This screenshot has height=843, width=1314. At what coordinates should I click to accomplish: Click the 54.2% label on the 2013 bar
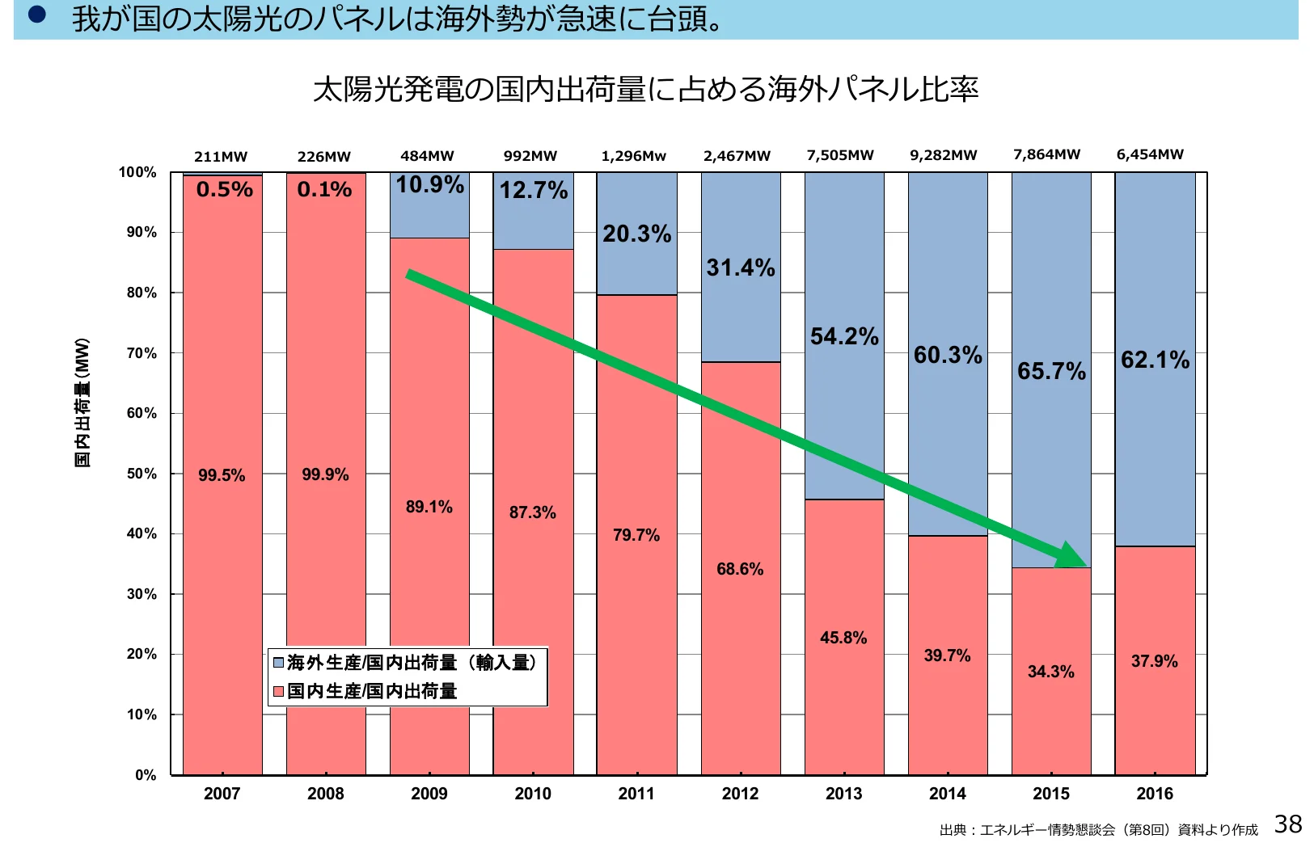pos(844,336)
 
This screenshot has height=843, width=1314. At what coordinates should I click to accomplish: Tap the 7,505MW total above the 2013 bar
pos(840,155)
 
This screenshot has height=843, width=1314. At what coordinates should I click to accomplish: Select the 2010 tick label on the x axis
pos(533,794)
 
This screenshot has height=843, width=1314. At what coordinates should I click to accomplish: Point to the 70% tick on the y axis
pos(142,353)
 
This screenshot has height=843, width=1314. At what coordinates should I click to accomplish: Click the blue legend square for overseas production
pos(278,663)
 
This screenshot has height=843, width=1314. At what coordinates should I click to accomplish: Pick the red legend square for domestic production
pos(278,691)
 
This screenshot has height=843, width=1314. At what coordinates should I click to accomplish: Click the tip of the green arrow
pos(1085,565)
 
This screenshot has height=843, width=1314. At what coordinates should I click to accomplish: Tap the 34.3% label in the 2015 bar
pos(1050,672)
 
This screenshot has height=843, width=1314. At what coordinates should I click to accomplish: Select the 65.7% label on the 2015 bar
pos(1051,371)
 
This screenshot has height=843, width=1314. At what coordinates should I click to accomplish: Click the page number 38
pos(1288,824)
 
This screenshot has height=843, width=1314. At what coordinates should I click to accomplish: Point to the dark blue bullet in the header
pos(36,14)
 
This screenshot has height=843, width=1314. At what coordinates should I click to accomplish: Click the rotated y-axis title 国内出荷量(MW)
pos(82,403)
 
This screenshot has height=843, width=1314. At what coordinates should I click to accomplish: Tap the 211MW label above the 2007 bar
pos(221,157)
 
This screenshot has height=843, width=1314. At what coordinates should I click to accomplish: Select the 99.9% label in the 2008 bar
pos(325,474)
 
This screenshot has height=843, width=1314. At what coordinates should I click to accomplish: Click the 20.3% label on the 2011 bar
pos(637,234)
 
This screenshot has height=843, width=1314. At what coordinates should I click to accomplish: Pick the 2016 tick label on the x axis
pos(1155,794)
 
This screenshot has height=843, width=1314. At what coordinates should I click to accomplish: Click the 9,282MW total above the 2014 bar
pos(944,155)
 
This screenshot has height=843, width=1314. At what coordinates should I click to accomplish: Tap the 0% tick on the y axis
pos(146,775)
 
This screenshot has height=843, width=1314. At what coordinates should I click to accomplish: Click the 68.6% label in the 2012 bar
pos(740,569)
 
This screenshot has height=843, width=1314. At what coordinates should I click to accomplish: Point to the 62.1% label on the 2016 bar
pos(1155,360)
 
